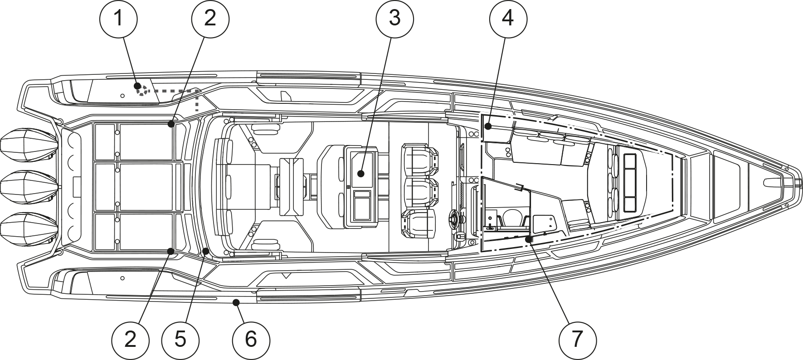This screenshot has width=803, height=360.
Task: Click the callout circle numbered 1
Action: [x=118, y=19]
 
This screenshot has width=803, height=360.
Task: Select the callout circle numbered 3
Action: [x=394, y=19]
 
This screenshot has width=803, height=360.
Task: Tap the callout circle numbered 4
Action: [x=508, y=19]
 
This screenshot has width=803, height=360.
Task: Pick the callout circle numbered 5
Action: [x=180, y=340]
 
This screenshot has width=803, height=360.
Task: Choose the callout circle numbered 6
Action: [x=251, y=340]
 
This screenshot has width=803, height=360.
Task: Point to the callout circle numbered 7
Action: [x=577, y=340]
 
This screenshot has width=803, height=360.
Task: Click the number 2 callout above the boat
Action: [x=210, y=19]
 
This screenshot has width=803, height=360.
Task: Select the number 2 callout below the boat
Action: [x=130, y=340]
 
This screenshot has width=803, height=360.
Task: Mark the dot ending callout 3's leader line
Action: [x=360, y=173]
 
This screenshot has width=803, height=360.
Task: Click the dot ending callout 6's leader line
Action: [x=235, y=302]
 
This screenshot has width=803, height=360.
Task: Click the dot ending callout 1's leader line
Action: [x=137, y=86]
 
